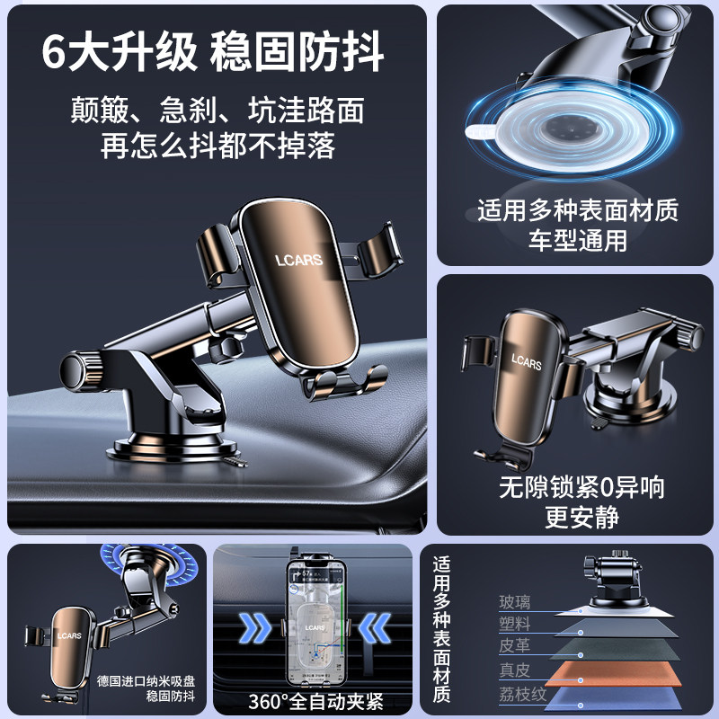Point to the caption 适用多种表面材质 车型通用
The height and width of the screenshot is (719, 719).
[577, 226]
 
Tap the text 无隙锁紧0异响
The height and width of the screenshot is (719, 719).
[581, 488]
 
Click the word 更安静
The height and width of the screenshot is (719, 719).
[581, 517]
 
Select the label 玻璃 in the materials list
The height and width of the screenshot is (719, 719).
[515, 602]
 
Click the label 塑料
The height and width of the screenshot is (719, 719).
[515, 625]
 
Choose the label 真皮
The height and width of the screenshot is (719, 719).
[515, 670]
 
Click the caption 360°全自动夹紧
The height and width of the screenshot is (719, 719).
[313, 699]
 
